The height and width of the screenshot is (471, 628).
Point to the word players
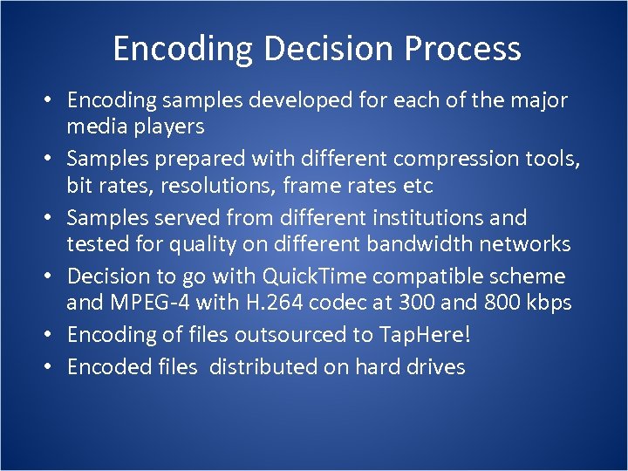[165, 126]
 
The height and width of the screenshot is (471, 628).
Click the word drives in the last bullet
[435, 367]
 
